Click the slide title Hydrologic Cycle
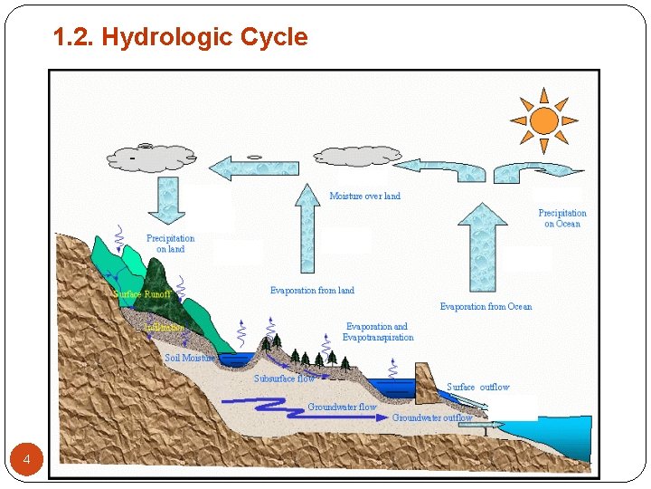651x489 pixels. coord(180,37)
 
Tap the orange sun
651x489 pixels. coord(543,120)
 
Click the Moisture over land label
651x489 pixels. coord(364,196)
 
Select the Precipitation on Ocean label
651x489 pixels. coord(562,218)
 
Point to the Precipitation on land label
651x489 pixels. coord(170,244)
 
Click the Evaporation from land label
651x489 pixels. coord(312,291)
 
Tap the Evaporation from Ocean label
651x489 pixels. coord(486,307)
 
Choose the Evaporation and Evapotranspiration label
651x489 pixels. coord(377,331)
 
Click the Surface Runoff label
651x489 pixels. coord(142,294)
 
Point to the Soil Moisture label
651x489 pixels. coord(190,358)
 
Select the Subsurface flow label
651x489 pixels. coord(284,379)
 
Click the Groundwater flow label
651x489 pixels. coord(342,407)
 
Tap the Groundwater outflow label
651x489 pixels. coord(432,418)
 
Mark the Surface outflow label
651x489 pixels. coord(477,388)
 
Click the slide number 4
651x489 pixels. coord(27,461)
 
